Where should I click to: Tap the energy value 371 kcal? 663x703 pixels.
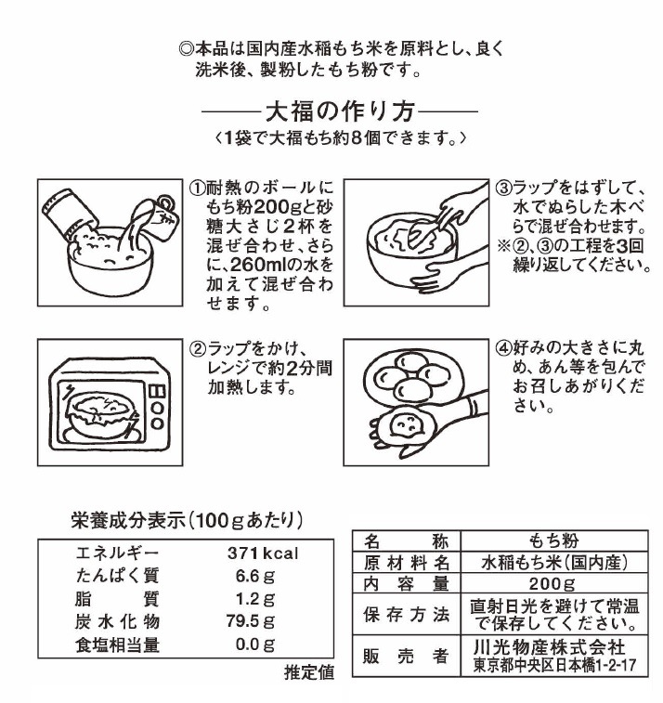pyautogui.click(x=262, y=553)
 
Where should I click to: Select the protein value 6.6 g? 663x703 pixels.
pyautogui.click(x=255, y=576)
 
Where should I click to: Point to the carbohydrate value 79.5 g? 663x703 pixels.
pyautogui.click(x=253, y=620)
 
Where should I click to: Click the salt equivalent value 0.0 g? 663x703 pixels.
pyautogui.click(x=255, y=643)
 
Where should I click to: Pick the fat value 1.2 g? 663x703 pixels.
pyautogui.click(x=255, y=598)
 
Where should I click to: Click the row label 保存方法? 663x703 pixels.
pyautogui.click(x=407, y=615)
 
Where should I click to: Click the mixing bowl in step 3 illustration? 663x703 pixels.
pyautogui.click(x=409, y=249)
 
